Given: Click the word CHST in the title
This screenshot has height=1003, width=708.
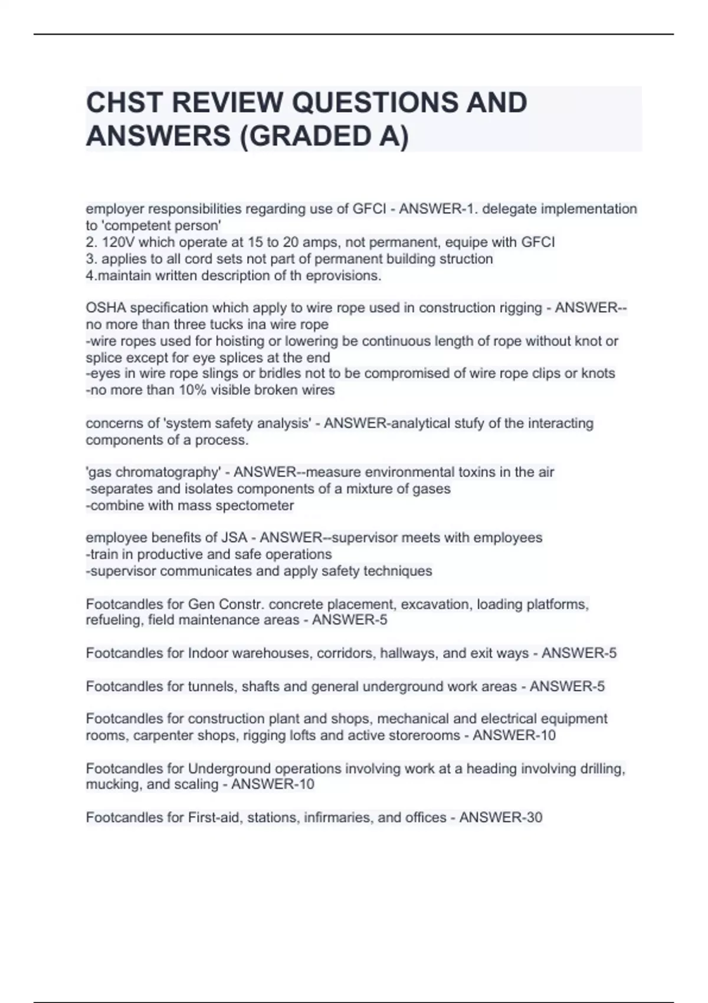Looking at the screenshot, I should coord(123,103).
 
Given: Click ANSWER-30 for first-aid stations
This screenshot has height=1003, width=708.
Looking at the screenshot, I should coord(500,818).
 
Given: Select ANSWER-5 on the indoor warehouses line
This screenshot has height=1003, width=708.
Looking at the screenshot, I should coord(579,654).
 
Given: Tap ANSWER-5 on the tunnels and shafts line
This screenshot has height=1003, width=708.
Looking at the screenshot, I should coord(567,687).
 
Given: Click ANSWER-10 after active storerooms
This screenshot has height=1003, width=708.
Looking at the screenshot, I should coord(514,736).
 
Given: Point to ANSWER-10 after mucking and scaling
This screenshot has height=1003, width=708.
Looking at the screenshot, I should coord(273,785).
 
